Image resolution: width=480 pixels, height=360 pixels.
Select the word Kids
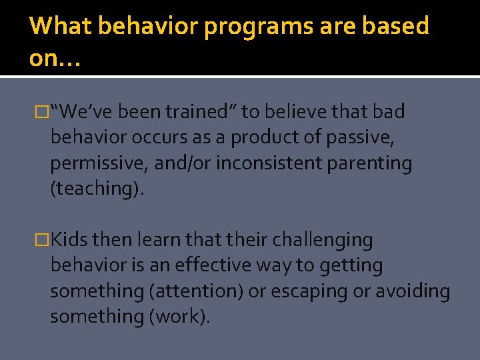[x=70, y=240]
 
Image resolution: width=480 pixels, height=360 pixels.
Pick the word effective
[x=217, y=265]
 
